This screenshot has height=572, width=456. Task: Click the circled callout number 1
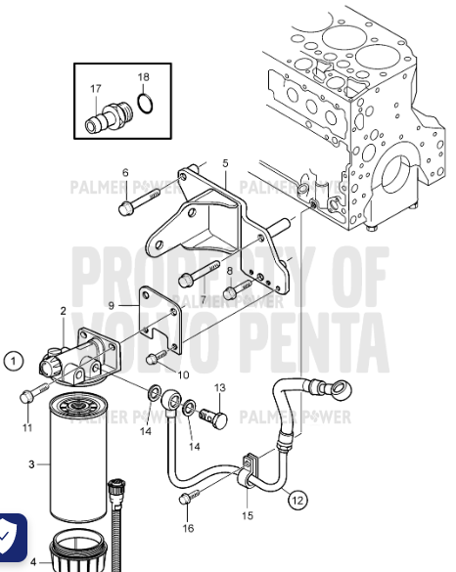click(13, 361)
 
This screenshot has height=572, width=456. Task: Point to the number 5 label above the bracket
click(225, 163)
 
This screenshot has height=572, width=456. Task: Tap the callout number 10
click(184, 374)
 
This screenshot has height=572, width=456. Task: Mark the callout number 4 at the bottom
click(32, 563)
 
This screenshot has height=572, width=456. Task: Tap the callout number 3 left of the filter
click(30, 464)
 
